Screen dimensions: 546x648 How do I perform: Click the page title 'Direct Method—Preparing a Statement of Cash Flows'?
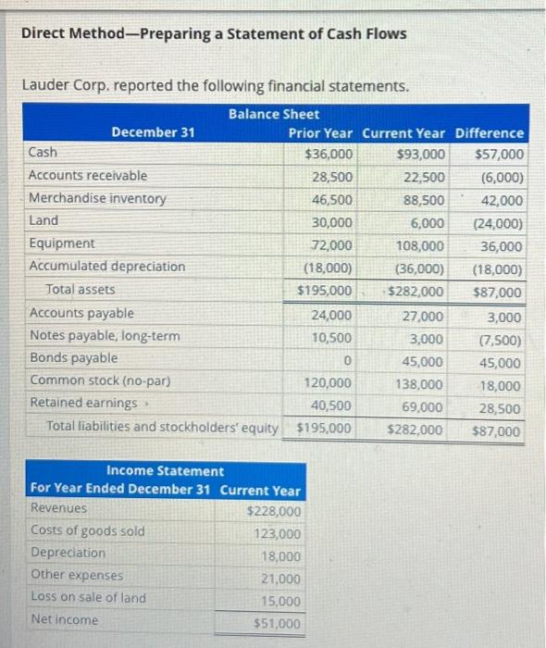[x=213, y=34]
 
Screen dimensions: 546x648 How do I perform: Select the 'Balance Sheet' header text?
[x=273, y=114]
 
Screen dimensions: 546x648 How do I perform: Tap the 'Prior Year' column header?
[x=320, y=132]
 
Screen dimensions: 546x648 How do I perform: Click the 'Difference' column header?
[x=490, y=132]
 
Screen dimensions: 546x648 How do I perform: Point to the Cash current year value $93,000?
[x=420, y=154]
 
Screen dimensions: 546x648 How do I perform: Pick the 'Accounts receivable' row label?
[x=88, y=175]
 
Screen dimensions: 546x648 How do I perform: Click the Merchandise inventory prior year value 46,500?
[x=331, y=199]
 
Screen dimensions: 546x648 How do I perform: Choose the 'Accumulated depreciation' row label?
[x=107, y=267]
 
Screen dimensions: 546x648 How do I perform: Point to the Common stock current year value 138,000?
[x=421, y=383]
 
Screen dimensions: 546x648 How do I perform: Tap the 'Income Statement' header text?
[x=165, y=471]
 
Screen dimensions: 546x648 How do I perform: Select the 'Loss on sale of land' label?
[x=88, y=597]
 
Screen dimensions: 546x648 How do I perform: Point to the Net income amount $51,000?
[x=277, y=624]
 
